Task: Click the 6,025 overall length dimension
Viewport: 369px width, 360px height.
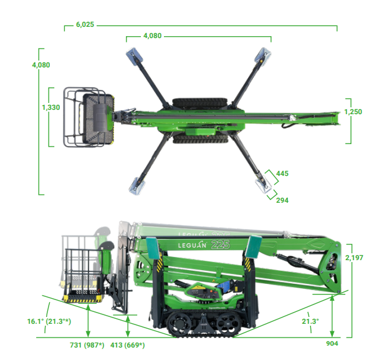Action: (85, 24)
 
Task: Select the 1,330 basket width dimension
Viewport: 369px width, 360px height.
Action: (51, 107)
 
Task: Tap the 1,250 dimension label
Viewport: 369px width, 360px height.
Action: (353, 112)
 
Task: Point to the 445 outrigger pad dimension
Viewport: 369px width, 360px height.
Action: (282, 173)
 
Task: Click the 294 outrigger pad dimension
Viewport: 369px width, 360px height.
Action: (282, 200)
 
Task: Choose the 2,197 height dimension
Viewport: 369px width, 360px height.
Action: (354, 258)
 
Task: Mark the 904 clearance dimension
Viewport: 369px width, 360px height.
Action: (332, 344)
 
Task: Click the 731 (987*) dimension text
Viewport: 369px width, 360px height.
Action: (87, 345)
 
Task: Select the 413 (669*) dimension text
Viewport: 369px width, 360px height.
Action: (128, 345)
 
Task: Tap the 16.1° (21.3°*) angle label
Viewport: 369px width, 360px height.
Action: (49, 321)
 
